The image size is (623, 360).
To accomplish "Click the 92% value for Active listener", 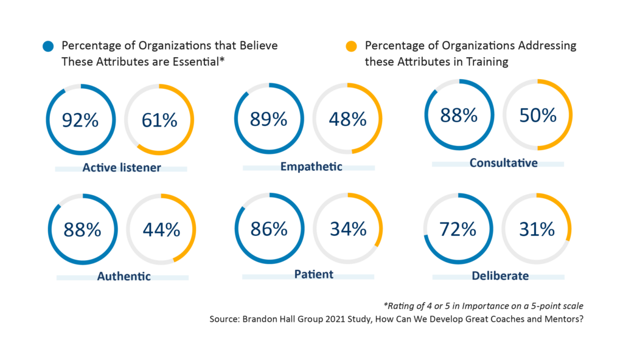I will coord(80,120).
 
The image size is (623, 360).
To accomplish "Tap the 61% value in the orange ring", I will coord(159,120).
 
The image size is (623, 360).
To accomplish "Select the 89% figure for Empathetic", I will coord(268,119).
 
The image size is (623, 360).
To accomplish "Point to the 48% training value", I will coord(347,119).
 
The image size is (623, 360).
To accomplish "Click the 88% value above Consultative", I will coord(459,115).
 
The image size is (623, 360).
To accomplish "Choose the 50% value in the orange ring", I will coord(537,115).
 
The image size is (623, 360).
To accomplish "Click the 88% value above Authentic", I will coord(83,229).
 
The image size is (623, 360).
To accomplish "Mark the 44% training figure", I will coord(161,229).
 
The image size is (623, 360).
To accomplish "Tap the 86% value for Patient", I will coord(268,229).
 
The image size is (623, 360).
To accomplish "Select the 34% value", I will coord(347,229).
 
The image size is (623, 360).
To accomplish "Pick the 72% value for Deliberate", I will coord(458,229).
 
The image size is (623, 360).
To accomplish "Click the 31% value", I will coord(537,229).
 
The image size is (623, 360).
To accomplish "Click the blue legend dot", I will coord(49,46).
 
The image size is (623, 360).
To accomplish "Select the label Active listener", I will coord(122,167).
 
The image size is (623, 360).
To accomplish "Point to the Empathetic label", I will coord(311,167).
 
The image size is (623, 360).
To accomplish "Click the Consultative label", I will coord(503,162).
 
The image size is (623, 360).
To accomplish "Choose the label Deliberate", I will coord(500,276).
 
